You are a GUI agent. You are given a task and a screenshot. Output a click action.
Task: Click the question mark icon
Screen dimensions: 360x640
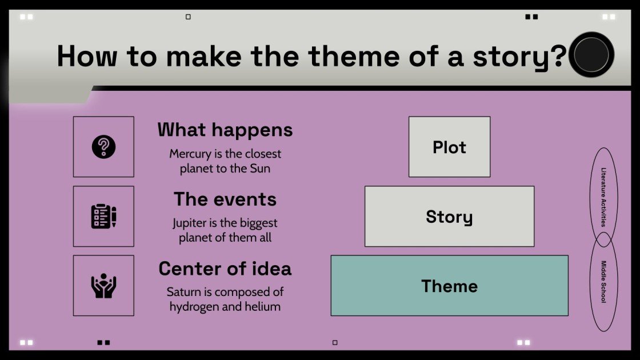tap(103, 147)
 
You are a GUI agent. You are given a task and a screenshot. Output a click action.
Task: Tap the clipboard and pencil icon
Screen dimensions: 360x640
tap(103, 217)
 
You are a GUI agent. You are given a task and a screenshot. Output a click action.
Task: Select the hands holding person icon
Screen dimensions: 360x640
tap(103, 286)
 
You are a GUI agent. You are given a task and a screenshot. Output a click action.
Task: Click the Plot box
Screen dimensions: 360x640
tap(449, 147)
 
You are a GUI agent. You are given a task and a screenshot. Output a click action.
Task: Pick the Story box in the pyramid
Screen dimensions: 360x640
tap(449, 217)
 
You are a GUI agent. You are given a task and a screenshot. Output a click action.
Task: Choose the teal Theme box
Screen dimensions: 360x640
tap(449, 286)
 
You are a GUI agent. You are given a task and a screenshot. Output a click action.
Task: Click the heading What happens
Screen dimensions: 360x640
tap(225, 130)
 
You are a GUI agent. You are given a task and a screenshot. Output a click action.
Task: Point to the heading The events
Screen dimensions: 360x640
tap(225, 199)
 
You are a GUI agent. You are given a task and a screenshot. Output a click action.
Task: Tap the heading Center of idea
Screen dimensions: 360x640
tap(225, 269)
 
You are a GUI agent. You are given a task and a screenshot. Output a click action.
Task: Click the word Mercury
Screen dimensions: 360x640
tap(190, 154)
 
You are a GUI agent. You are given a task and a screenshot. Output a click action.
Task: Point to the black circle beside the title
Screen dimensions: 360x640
tap(592, 55)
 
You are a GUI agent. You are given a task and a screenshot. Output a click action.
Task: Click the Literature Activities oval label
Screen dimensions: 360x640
tap(603, 197)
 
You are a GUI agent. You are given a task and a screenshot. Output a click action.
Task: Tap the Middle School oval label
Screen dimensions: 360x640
tap(603, 282)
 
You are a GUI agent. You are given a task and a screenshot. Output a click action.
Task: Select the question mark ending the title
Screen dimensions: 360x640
tap(559, 56)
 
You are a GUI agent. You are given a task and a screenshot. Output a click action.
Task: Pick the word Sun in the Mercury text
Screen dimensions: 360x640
tap(259, 169)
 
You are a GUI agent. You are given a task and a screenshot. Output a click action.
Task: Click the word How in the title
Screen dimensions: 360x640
tap(88, 56)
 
